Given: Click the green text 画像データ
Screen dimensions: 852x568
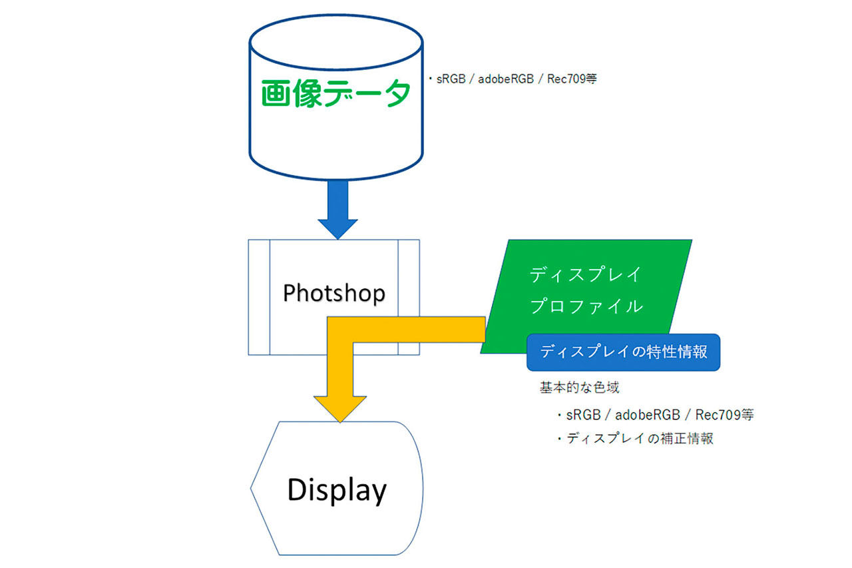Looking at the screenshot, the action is (336, 93).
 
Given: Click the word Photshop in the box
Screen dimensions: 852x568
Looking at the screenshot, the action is (334, 293).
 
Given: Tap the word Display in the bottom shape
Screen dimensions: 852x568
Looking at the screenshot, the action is (337, 490).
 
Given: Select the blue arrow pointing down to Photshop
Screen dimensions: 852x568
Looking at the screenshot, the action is (337, 210).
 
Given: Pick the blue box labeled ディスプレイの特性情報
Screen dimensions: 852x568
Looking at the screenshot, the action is (624, 352).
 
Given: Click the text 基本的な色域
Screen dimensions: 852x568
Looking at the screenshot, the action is (579, 388).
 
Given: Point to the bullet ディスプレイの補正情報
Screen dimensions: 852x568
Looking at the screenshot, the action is (635, 438).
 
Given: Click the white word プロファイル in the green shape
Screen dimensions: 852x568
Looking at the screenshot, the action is (586, 306).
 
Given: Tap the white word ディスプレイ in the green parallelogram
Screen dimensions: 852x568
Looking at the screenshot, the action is (586, 274).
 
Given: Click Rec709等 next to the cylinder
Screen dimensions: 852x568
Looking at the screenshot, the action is (572, 79).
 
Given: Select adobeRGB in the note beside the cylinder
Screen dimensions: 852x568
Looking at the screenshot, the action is (506, 79).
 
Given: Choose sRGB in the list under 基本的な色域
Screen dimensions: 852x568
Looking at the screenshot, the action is (583, 415).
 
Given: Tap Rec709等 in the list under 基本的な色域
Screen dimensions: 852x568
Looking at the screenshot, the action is (725, 415).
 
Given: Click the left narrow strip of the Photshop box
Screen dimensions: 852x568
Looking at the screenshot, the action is (259, 297).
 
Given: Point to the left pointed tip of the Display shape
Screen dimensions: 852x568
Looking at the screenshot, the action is (251, 488).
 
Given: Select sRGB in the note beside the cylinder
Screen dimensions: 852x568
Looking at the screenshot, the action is (451, 79).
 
